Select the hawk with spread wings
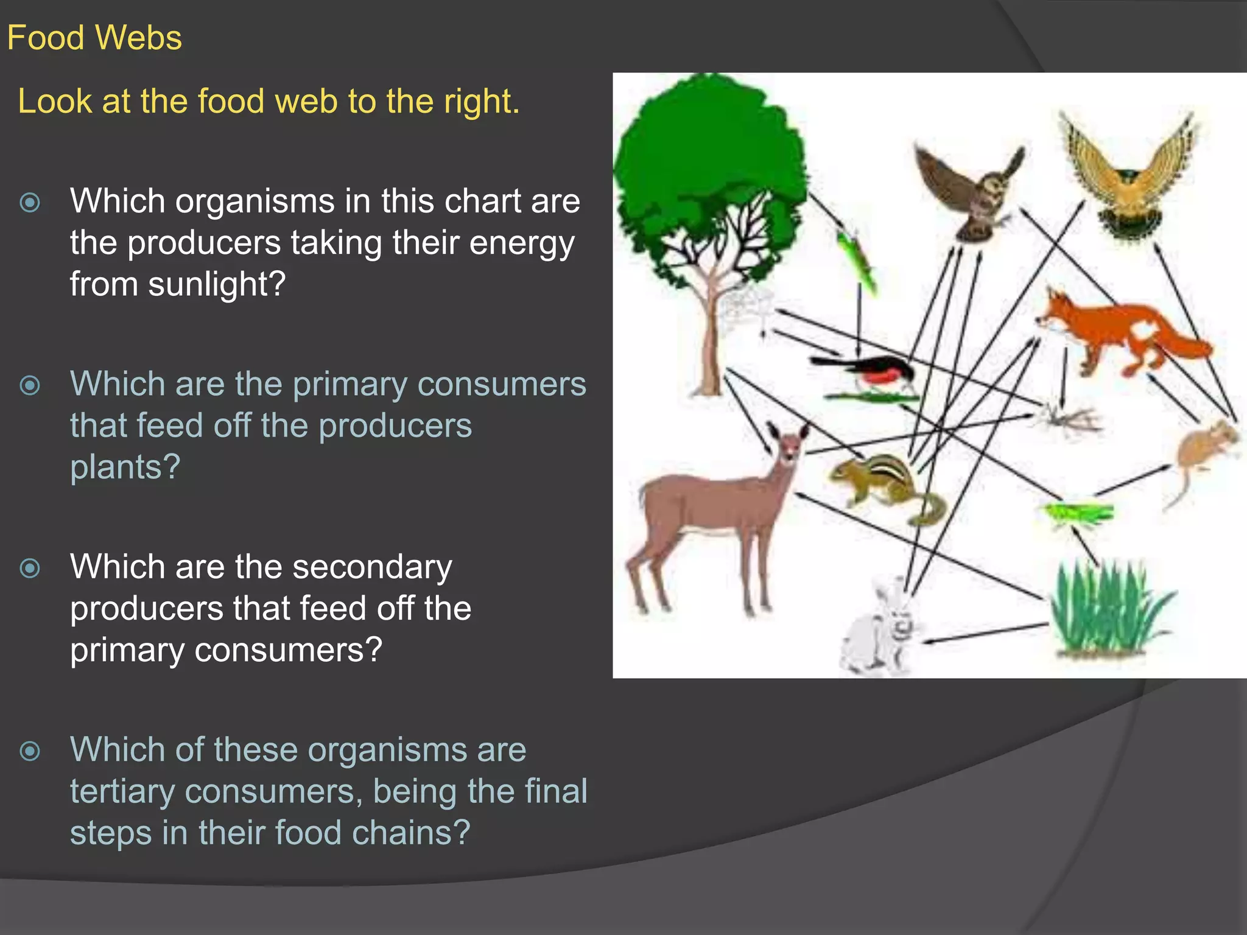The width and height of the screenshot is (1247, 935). click(1129, 177)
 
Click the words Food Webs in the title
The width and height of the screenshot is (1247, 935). click(94, 38)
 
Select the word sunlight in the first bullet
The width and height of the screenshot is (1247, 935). click(216, 284)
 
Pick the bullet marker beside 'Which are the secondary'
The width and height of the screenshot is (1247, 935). click(30, 568)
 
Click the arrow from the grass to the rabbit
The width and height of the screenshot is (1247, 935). click(986, 633)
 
